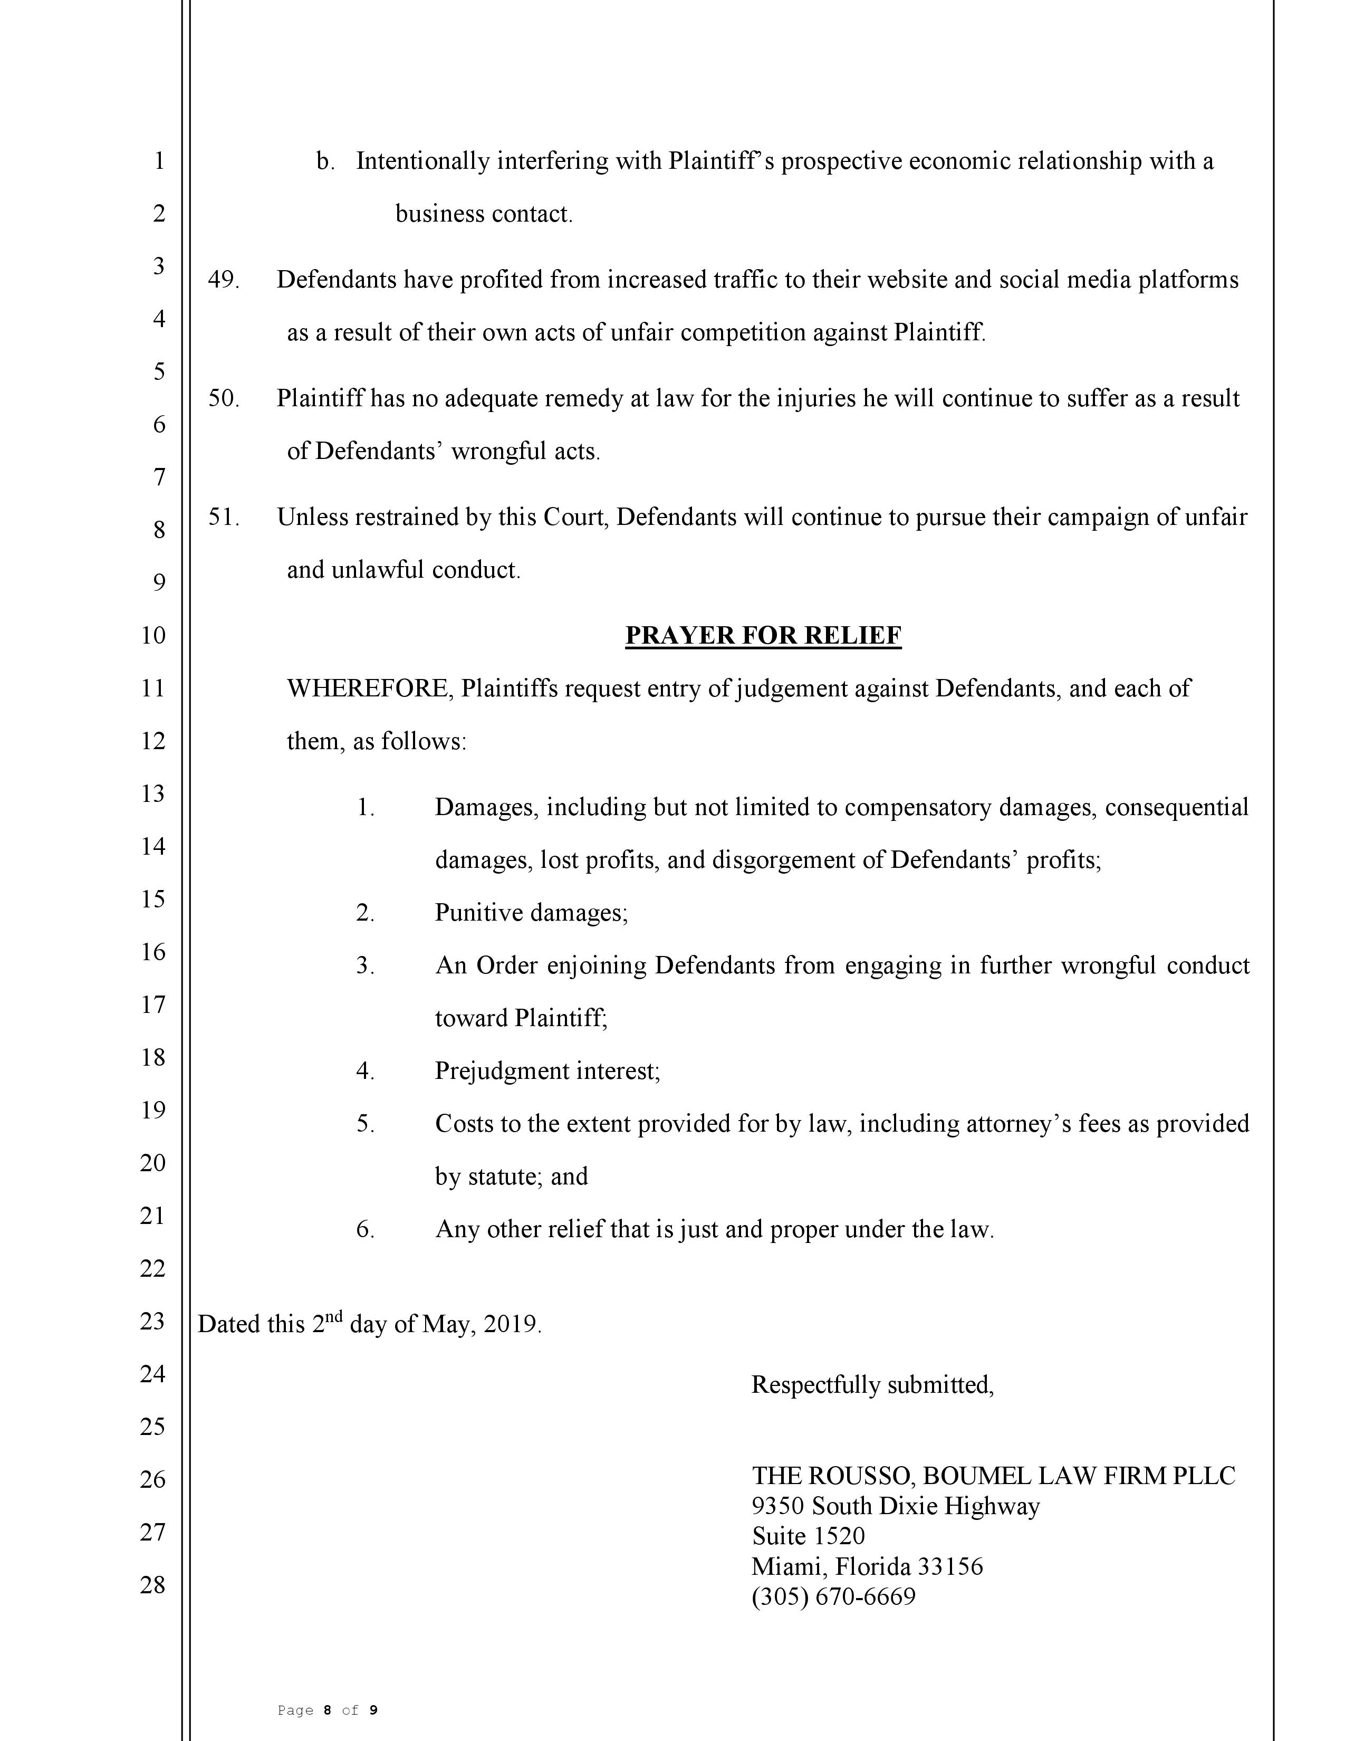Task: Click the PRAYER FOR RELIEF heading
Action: click(x=763, y=635)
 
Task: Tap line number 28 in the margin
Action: click(x=152, y=1585)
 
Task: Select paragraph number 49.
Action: click(x=223, y=280)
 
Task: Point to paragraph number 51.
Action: click(x=223, y=518)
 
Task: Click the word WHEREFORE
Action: click(x=369, y=688)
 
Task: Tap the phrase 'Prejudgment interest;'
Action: click(x=547, y=1070)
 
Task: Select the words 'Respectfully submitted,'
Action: click(x=872, y=1385)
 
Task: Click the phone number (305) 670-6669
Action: click(x=833, y=1597)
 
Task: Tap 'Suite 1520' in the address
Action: click(x=808, y=1536)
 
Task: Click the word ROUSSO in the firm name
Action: click(x=861, y=1476)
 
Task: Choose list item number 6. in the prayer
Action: click(x=365, y=1229)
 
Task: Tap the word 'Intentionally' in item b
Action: click(x=422, y=161)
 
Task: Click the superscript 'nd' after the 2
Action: click(x=334, y=1317)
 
